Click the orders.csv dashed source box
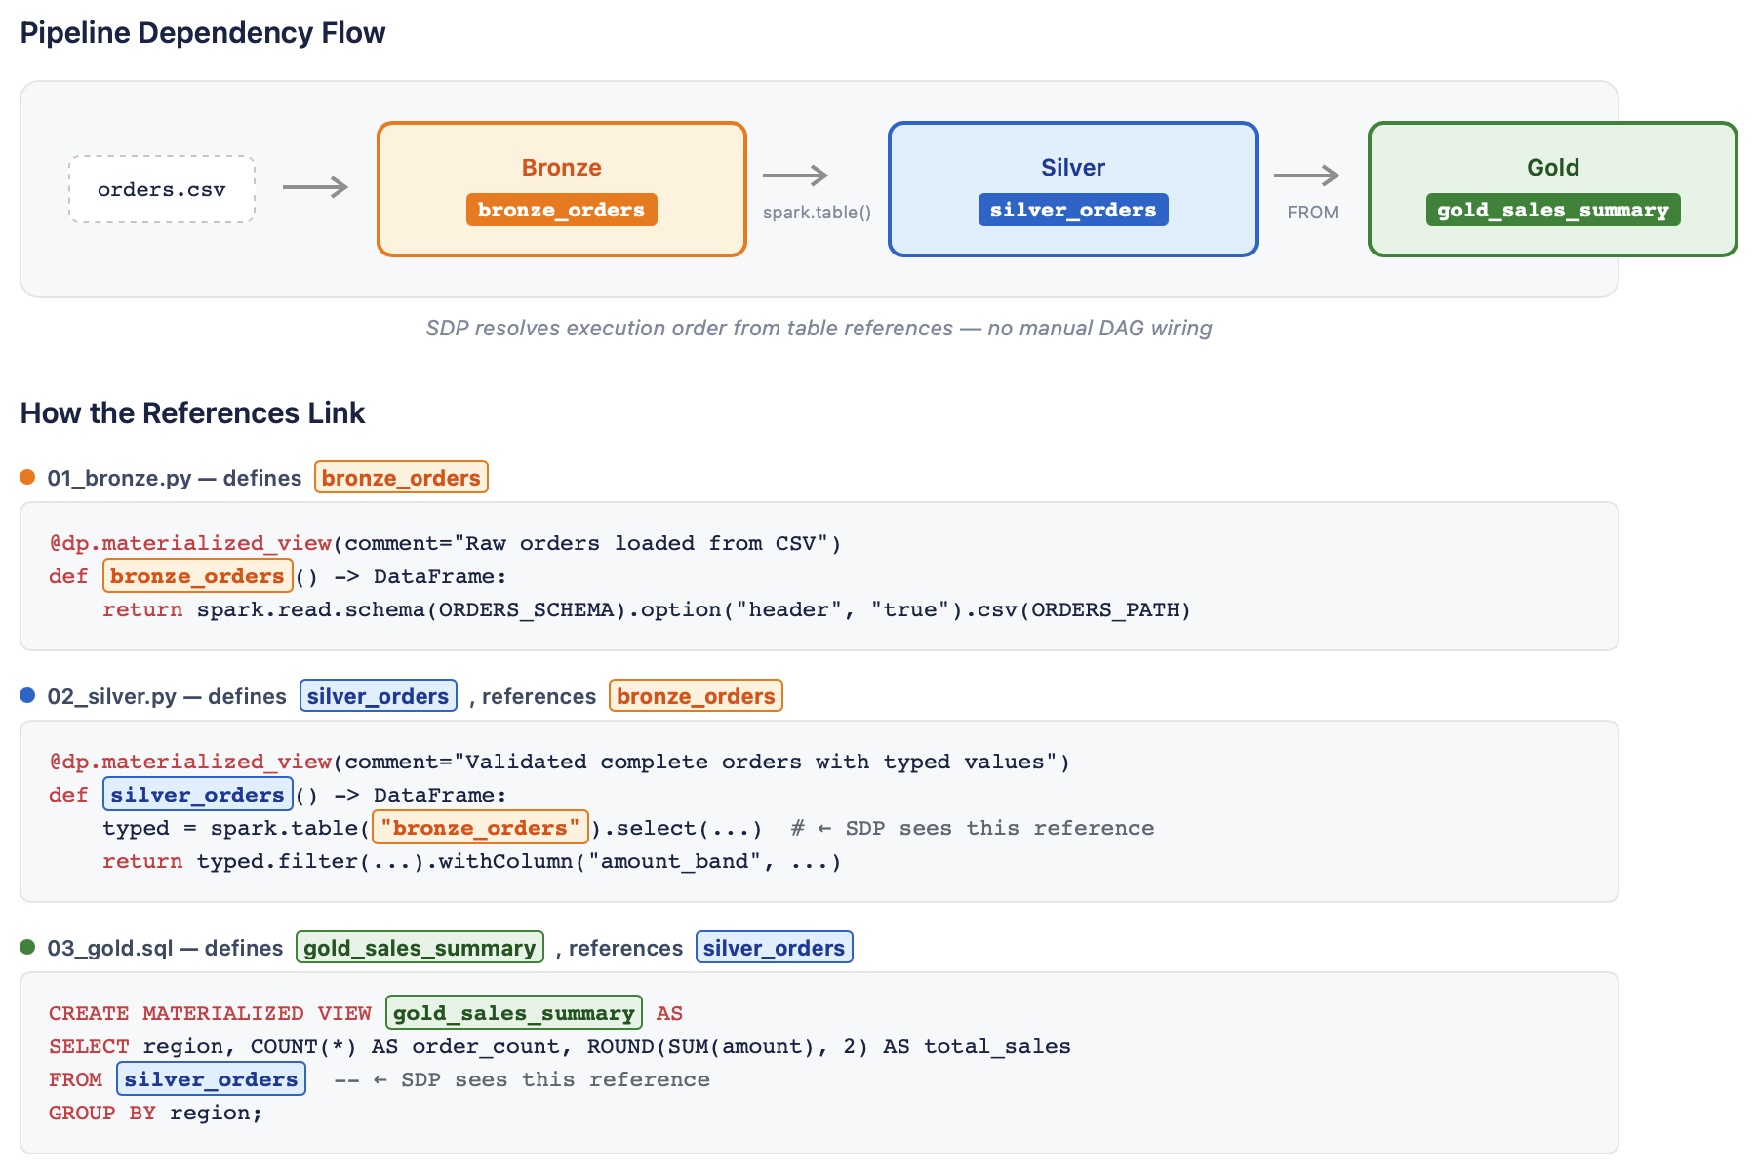pos(162,189)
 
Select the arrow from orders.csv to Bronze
pos(315,186)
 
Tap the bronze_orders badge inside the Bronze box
pos(561,210)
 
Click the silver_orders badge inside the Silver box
pos(1073,210)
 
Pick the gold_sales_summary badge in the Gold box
pos(1553,210)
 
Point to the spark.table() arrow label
pos(818,212)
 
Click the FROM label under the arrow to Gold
pos(1312,212)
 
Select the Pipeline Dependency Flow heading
pos(203,33)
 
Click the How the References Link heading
pos(192,413)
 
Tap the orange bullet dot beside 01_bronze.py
pos(27,477)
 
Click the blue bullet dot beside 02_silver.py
pos(27,695)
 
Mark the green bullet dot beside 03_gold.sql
pos(27,947)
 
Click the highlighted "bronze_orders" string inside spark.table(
pos(480,828)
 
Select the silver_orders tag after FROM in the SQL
pos(211,1079)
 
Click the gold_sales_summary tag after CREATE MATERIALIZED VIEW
pos(514,1013)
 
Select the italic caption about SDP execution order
pos(819,329)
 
